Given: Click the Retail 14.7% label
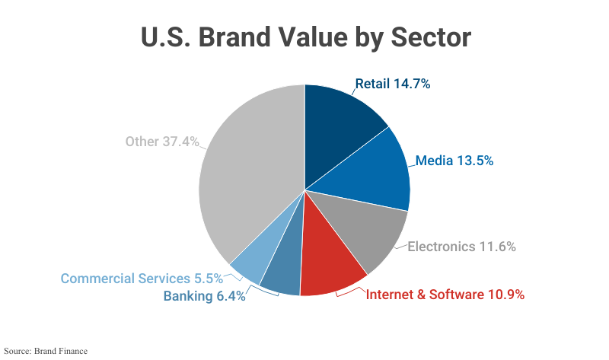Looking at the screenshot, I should (393, 84).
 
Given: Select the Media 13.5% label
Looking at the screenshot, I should (454, 161).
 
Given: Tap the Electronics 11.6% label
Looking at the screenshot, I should (462, 247).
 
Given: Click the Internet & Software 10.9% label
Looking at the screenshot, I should (445, 295).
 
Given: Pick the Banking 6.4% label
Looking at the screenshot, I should (204, 296).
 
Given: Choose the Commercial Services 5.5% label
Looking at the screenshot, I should (142, 278).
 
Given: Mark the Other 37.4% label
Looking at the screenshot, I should (162, 142).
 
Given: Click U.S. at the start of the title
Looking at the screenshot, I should (166, 38).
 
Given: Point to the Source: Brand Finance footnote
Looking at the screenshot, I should (46, 351).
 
